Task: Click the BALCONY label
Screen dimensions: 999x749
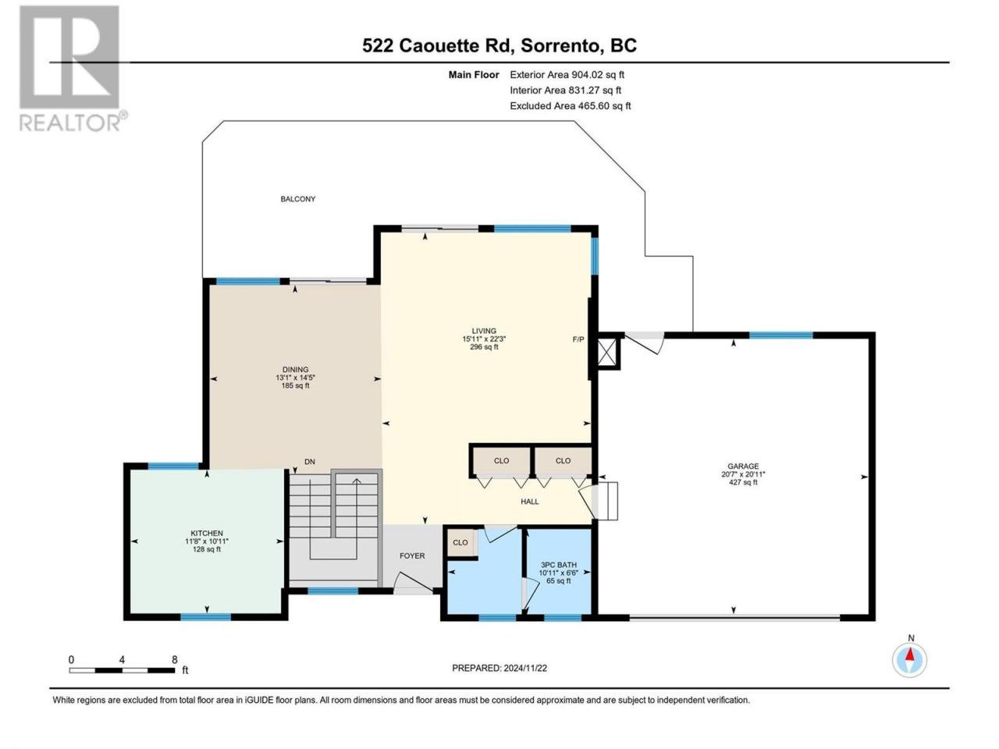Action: (297, 199)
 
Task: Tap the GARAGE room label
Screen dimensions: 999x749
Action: (743, 466)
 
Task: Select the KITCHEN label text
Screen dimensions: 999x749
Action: (207, 533)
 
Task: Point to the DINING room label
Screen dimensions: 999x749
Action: (295, 369)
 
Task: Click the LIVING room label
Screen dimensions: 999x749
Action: (484, 331)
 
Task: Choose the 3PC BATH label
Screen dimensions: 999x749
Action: (559, 564)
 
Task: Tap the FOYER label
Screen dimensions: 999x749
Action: (412, 556)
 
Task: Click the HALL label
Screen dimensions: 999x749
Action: (530, 502)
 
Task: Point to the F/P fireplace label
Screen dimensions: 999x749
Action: (578, 339)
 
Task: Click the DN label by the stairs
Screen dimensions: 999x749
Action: (310, 462)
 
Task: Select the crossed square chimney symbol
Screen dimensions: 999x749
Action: (606, 353)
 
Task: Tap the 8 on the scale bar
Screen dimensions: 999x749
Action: (174, 659)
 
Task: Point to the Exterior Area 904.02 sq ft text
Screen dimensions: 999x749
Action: (567, 75)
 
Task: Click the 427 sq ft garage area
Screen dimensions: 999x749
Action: (743, 482)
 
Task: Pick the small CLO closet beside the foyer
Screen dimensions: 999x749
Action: (460, 542)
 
